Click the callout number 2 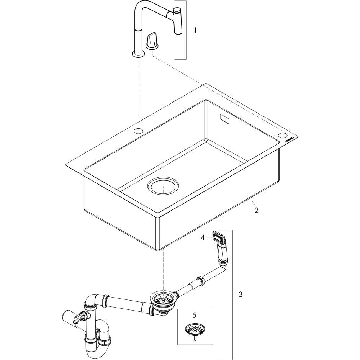click(256, 210)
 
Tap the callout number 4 click(203, 238)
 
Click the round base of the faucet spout click(138, 54)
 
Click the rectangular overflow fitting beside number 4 click(218, 236)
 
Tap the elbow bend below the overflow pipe click(222, 264)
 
